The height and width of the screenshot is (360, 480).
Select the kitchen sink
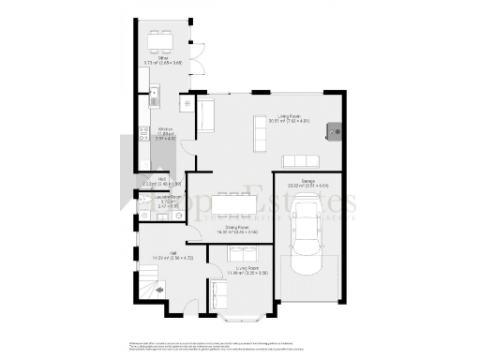pyautogui.click(x=156, y=96)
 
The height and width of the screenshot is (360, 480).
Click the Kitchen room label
pyautogui.click(x=166, y=132)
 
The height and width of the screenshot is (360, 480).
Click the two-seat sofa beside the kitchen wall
pyautogui.click(x=206, y=115)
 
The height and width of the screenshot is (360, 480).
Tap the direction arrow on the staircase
pyautogui.click(x=160, y=290)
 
